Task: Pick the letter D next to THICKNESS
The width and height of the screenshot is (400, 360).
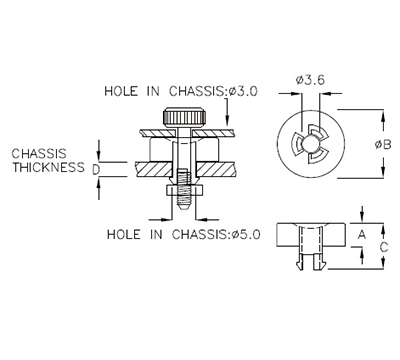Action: [95, 169]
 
